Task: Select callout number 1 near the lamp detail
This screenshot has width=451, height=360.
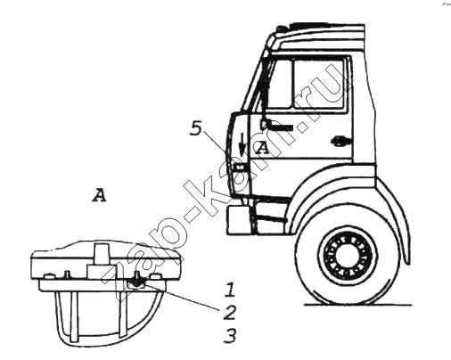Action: (230, 290)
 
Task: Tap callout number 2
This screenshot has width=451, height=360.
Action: (229, 312)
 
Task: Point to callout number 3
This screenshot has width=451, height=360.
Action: (230, 335)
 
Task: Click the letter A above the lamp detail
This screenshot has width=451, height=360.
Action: (99, 195)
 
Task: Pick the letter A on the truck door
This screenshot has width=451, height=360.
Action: (262, 148)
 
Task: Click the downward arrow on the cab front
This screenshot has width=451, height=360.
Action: (242, 144)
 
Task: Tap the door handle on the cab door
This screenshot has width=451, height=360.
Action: (340, 142)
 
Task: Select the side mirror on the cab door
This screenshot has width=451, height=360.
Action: (276, 126)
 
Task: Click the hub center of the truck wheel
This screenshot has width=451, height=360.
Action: (348, 256)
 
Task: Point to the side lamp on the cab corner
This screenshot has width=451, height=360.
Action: (239, 168)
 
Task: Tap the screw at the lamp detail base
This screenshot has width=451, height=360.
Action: (136, 281)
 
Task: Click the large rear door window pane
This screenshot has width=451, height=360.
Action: (319, 84)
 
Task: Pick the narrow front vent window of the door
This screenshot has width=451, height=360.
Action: (280, 85)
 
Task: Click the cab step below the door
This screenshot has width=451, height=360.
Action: (270, 216)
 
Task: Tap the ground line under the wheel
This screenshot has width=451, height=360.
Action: (358, 305)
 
